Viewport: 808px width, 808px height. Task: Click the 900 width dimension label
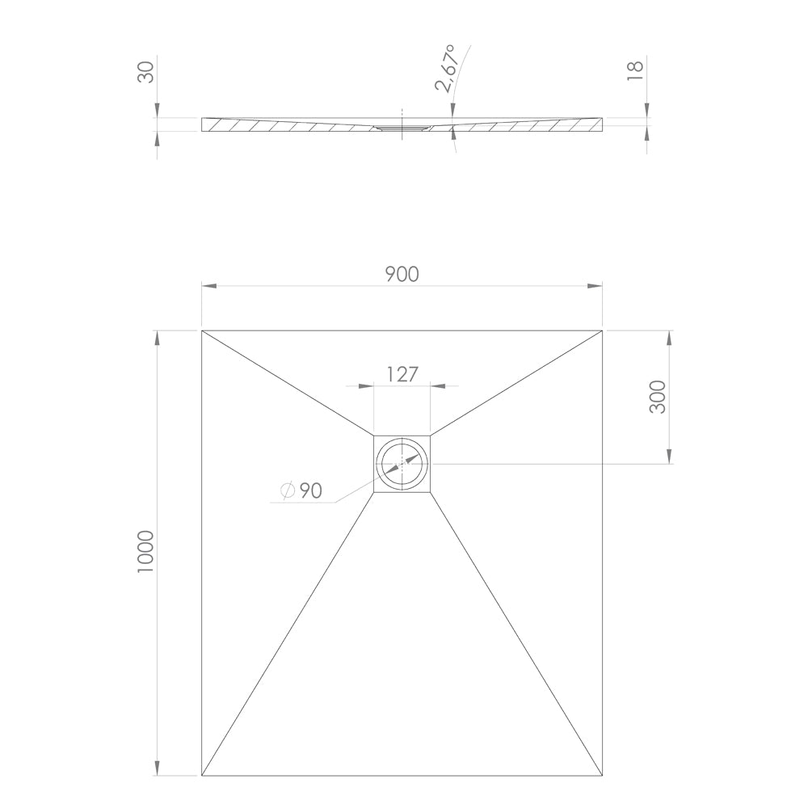click(x=402, y=274)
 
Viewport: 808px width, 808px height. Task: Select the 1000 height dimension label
click(x=146, y=552)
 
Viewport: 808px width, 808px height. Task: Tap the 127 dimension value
click(x=402, y=374)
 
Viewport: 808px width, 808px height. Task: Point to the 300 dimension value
click(x=658, y=397)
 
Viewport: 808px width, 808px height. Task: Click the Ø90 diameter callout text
click(x=301, y=490)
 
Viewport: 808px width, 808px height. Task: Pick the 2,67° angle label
click(x=446, y=68)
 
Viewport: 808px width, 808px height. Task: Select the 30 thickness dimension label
click(x=146, y=72)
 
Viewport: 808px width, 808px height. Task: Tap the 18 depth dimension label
click(x=636, y=70)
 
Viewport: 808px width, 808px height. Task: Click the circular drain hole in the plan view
click(x=402, y=464)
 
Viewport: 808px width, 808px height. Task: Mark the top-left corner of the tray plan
click(x=201, y=330)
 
